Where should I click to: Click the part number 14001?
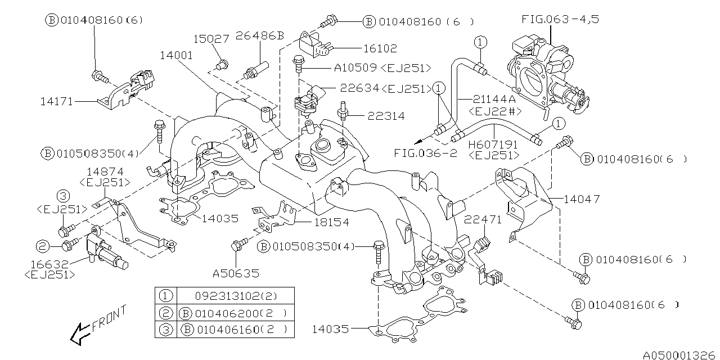click(176, 56)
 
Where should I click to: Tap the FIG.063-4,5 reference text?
click(560, 19)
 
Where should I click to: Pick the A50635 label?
click(236, 274)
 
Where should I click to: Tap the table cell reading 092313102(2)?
click(235, 295)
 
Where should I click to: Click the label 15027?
click(211, 39)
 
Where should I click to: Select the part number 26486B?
click(260, 36)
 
